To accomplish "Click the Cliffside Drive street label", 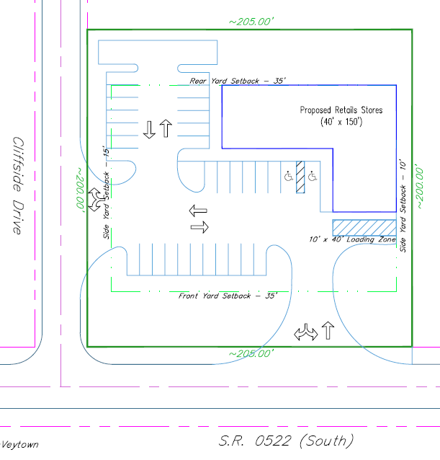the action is pos(18,185).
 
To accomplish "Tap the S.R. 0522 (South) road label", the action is pos(286,441).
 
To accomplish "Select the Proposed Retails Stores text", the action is pos(341,110).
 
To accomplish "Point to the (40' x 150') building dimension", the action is pos(341,121).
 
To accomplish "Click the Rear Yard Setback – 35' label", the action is pos(238,81).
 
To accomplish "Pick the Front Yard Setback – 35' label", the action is pos(228,296).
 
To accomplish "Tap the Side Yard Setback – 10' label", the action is pos(403,205).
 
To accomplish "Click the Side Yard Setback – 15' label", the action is pos(106,193).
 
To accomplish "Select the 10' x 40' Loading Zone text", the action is pos(352,239).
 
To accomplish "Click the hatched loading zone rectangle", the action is pos(364,227).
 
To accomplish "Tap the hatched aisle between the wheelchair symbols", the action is pos(300,177).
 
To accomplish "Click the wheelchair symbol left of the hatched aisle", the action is pos(289,177).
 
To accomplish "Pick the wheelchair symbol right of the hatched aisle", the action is pos(313,177).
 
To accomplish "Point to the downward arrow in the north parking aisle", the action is pos(149,130).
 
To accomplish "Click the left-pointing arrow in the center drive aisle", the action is pos(198,211).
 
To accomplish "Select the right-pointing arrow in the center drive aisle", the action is pos(199,227).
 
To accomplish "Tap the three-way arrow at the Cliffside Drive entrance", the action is pos(96,200).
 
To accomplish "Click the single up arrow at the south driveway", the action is pos(328,330).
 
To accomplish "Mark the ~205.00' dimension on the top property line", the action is pos(251,22).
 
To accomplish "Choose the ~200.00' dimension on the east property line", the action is pos(419,188).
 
